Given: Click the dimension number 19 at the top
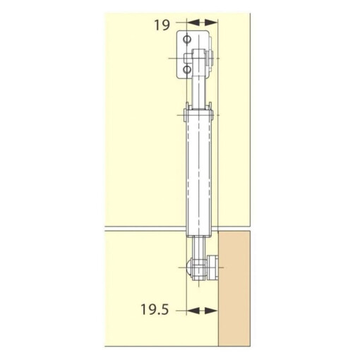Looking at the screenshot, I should [162, 25].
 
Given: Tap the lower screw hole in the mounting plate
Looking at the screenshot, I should [187, 71].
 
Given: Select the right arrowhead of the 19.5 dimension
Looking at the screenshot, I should [214, 310].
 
